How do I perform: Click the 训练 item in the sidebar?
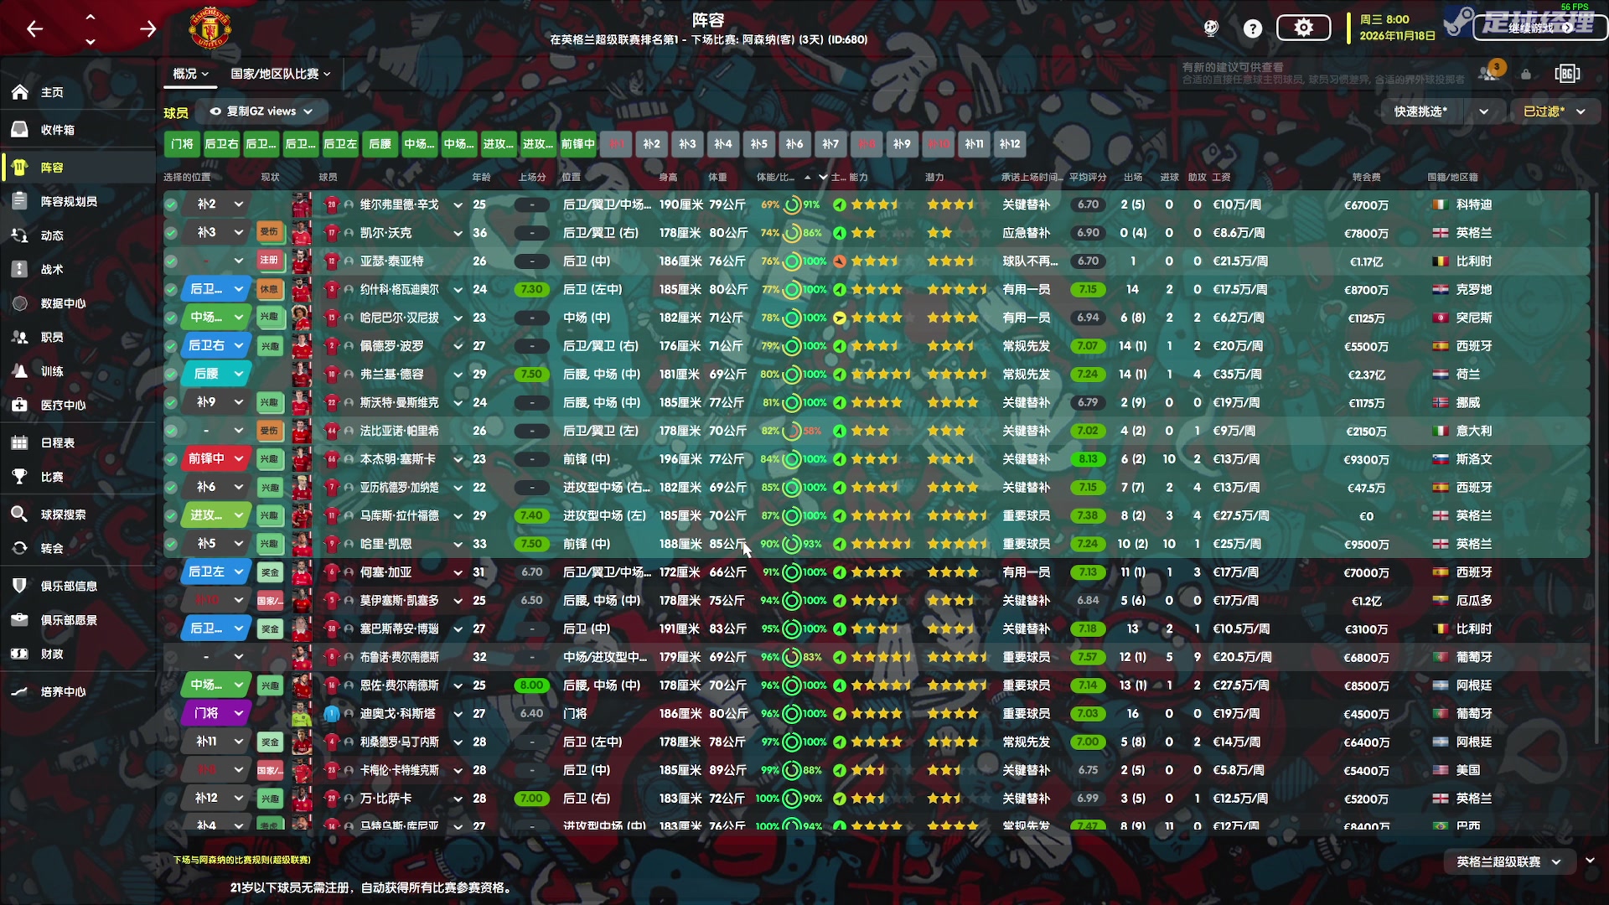click(x=51, y=371)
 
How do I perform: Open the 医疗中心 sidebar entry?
click(x=62, y=405)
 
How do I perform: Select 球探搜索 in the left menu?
click(x=62, y=515)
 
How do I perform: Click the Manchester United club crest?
click(x=210, y=29)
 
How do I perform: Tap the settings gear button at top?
click(x=1303, y=28)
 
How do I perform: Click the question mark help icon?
click(x=1252, y=28)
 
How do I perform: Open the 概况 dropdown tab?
click(x=190, y=74)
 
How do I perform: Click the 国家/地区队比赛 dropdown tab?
click(x=280, y=74)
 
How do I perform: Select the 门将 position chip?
click(x=182, y=144)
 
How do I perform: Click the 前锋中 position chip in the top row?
click(x=577, y=144)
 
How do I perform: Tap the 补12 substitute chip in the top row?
click(x=1010, y=144)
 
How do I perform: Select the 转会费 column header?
click(x=1366, y=177)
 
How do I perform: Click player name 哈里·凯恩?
click(x=385, y=544)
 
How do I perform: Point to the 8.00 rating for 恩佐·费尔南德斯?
click(x=531, y=685)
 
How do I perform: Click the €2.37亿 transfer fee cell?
click(x=1366, y=375)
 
